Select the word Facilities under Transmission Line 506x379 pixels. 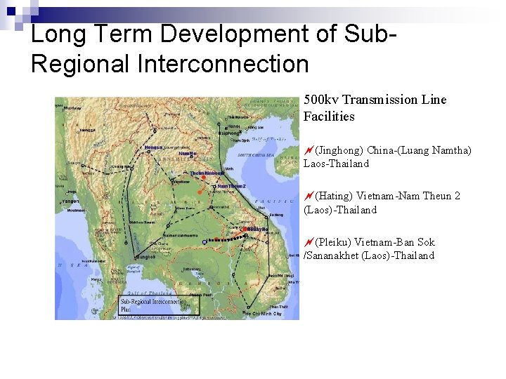point(329,117)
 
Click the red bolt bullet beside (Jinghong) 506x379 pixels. point(308,150)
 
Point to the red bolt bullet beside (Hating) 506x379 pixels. point(308,196)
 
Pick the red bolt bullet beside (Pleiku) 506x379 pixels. point(308,242)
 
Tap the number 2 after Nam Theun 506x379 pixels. point(457,196)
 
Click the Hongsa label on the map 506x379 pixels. point(153,147)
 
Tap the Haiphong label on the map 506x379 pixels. point(228,133)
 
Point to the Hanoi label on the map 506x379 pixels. point(233,126)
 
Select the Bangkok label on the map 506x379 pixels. point(145,258)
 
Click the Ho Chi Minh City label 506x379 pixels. point(261,314)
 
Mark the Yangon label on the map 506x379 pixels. point(68,201)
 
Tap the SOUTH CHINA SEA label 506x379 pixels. point(257,154)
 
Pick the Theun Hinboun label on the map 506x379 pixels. point(207,173)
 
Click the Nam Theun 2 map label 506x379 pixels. point(231,186)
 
